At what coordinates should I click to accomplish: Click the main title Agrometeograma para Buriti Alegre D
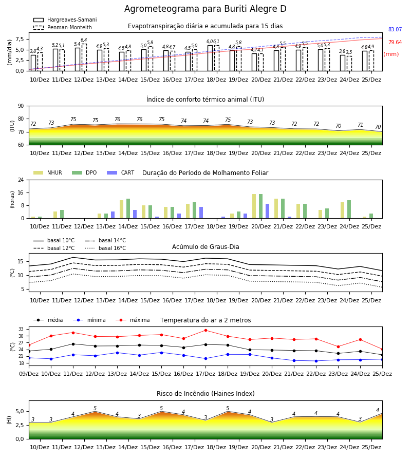(205, 9)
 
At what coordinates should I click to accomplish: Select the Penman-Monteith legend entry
(63, 27)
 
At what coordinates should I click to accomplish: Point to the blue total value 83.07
(395, 29)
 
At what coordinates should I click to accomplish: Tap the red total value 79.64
(395, 42)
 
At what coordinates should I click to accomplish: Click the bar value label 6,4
(84, 40)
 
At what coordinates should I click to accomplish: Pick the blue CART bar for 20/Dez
(268, 211)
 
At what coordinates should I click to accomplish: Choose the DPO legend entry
(84, 172)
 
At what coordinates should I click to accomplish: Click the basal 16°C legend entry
(105, 248)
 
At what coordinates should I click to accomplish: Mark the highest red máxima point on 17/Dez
(206, 330)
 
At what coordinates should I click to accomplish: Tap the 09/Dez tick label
(29, 374)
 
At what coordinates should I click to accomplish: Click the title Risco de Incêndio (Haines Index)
(206, 394)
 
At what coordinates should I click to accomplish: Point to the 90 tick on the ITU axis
(21, 106)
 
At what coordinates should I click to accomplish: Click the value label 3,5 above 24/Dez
(349, 52)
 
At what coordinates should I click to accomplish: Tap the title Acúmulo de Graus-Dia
(206, 247)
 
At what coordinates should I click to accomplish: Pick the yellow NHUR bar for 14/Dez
(121, 209)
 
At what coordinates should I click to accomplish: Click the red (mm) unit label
(391, 54)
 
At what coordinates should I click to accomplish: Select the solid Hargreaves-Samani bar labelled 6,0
(210, 58)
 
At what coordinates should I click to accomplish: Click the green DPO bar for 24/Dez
(349, 209)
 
